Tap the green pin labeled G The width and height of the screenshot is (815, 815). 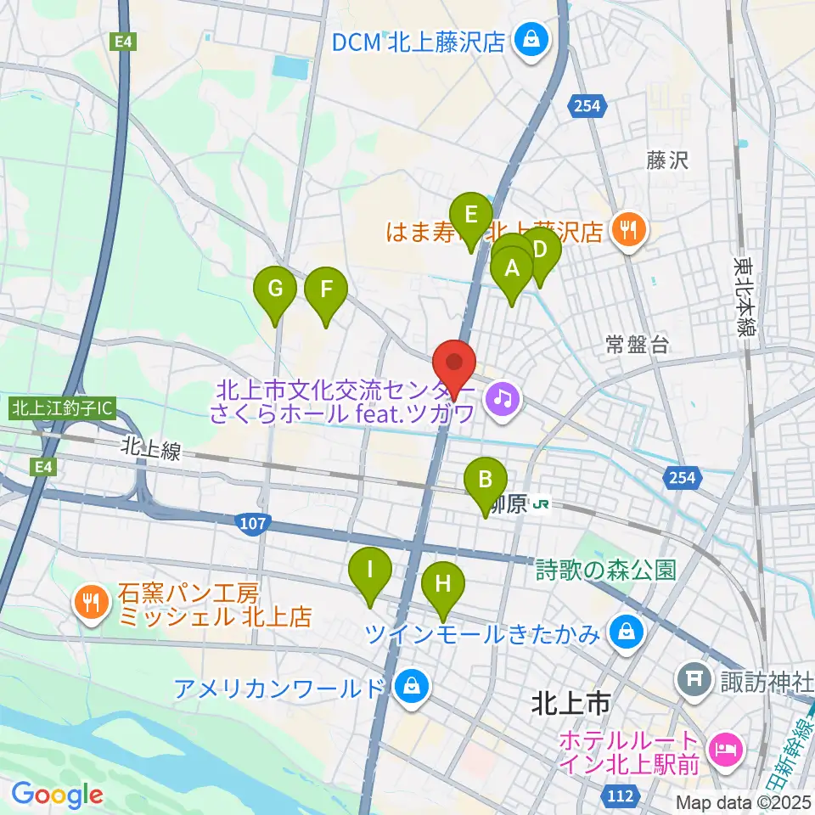click(x=275, y=289)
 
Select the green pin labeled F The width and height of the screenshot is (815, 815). click(x=325, y=289)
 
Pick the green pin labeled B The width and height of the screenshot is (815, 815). click(x=485, y=481)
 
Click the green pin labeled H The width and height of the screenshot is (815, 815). click(x=442, y=584)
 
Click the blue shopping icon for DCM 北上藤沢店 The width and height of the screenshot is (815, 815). click(x=532, y=40)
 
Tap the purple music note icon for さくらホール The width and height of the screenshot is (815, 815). click(x=502, y=396)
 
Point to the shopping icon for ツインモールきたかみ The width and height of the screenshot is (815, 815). click(x=626, y=632)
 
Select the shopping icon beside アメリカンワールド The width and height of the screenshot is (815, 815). click(x=412, y=685)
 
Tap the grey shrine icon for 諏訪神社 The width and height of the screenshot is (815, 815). click(x=690, y=678)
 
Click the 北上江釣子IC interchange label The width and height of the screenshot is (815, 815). click(x=61, y=407)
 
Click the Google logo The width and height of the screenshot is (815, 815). click(x=57, y=795)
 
